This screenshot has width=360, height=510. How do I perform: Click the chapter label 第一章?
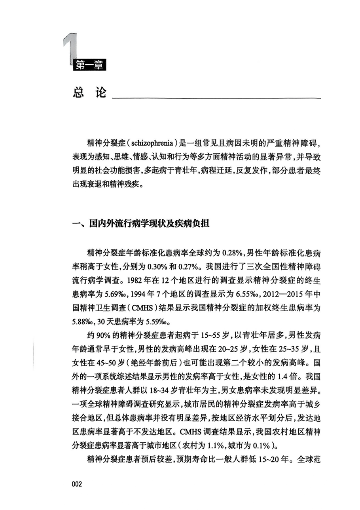click(x=89, y=66)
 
